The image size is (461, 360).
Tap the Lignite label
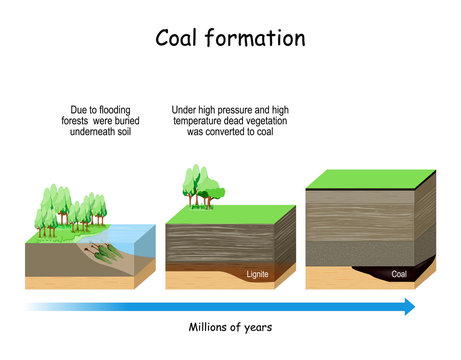pos(258,273)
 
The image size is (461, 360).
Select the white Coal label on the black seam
pos(399,272)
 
